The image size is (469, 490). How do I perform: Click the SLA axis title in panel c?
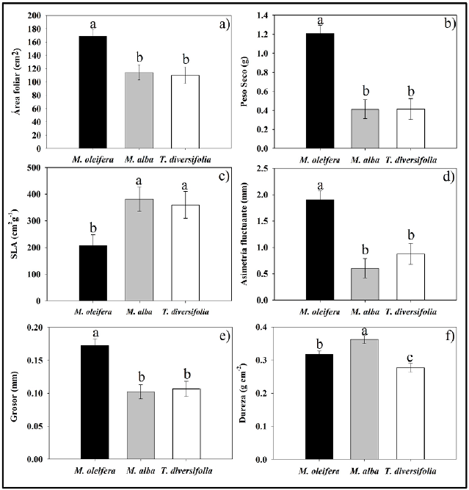(x=15, y=236)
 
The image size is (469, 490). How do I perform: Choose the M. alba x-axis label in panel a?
(x=139, y=157)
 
